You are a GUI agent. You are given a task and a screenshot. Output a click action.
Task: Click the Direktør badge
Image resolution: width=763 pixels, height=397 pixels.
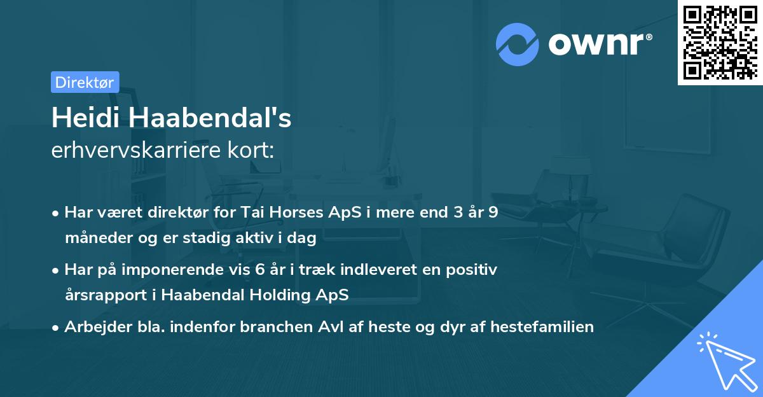(x=85, y=82)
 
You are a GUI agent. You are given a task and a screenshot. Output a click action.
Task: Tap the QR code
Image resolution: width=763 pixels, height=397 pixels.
(x=719, y=42)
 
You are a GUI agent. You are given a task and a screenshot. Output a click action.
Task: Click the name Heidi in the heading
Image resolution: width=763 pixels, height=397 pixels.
(x=80, y=118)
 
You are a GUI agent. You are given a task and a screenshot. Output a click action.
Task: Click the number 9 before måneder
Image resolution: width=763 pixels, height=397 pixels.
(x=493, y=213)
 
